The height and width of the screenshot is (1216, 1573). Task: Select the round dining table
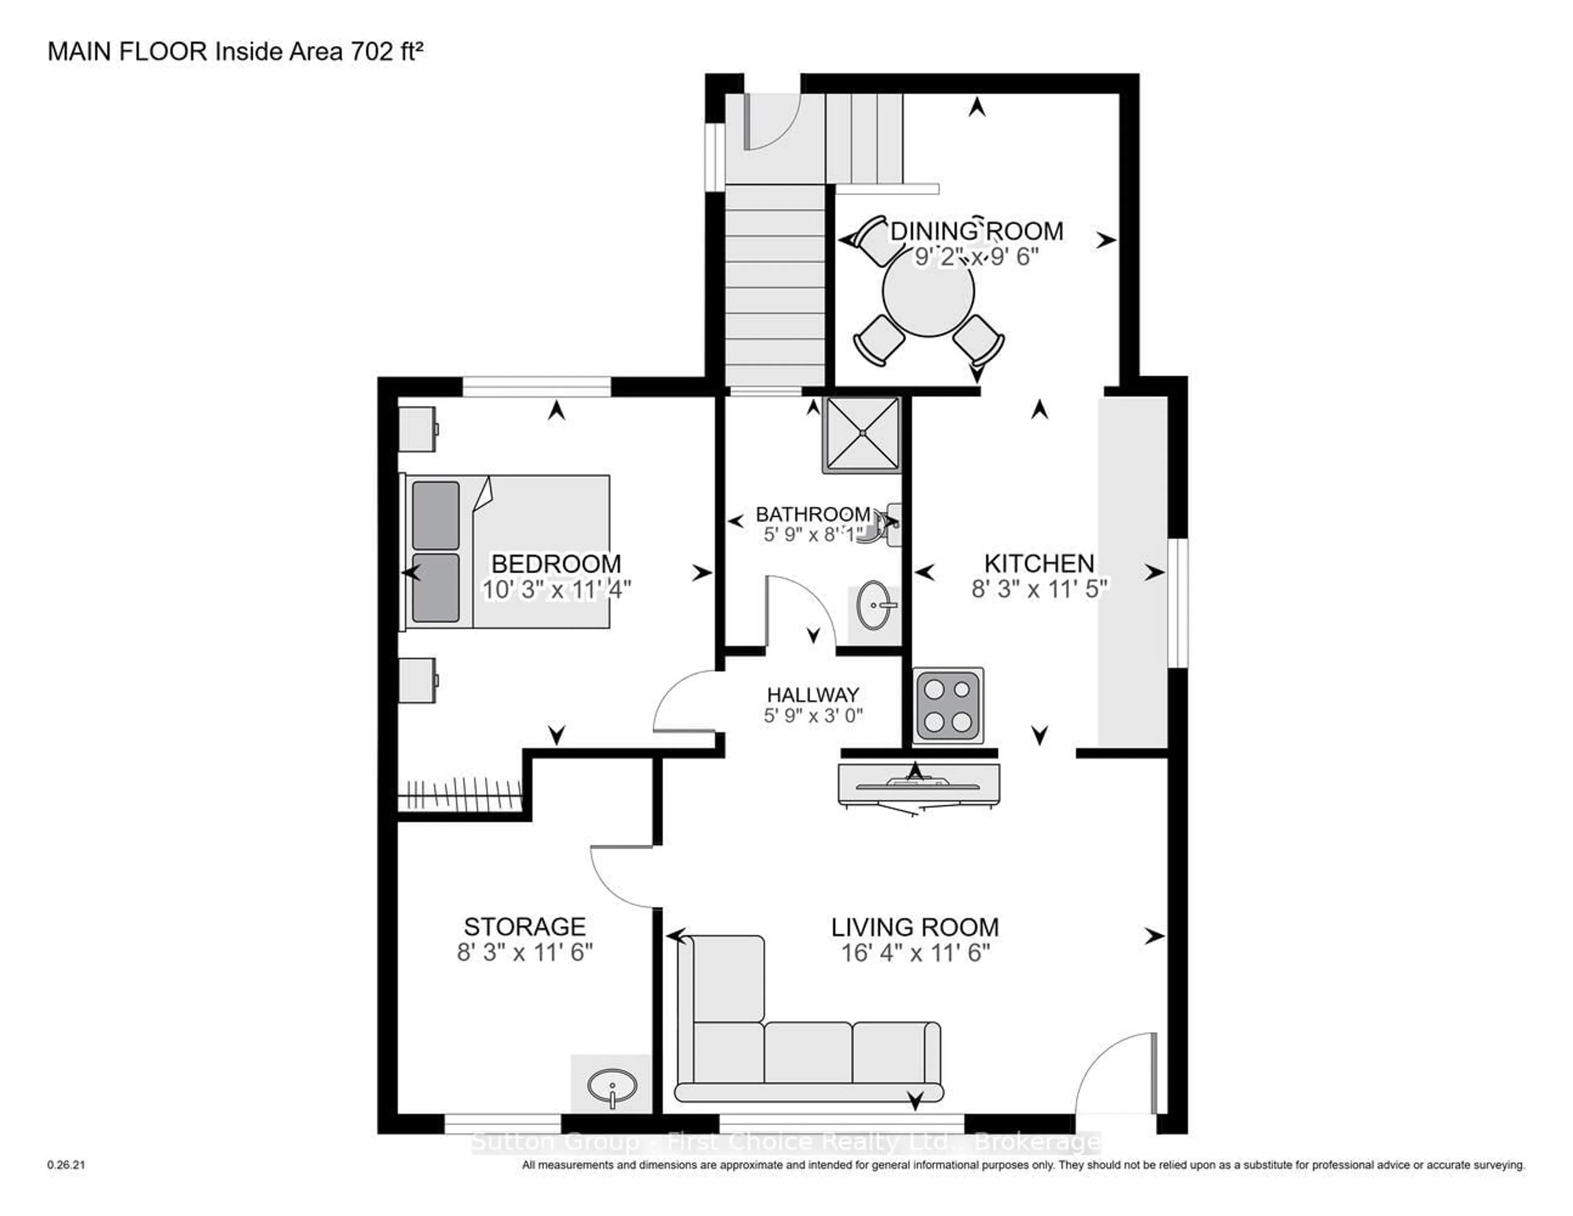pos(928,291)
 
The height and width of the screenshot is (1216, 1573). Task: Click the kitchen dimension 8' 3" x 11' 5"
pos(1038,589)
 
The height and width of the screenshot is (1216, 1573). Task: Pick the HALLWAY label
pos(812,694)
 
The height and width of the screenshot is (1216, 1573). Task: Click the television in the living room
pos(918,787)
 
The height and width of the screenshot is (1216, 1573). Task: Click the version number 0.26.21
pos(66,1164)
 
